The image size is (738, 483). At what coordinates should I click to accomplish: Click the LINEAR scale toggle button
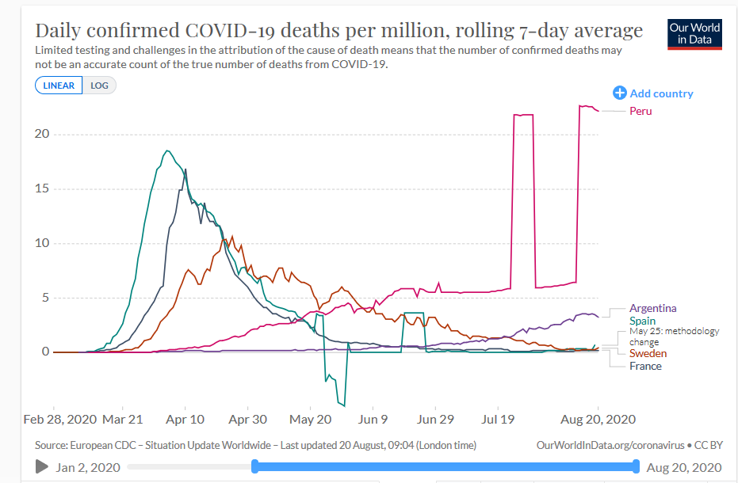point(59,86)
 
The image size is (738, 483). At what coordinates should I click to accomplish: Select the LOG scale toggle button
point(99,86)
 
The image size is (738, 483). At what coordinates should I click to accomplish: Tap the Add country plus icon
point(620,93)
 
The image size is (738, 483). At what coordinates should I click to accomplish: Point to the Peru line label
point(640,111)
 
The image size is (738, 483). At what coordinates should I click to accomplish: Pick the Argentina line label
point(652,308)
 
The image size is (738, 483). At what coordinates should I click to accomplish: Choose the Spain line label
point(642,321)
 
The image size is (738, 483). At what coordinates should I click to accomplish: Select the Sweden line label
point(648,353)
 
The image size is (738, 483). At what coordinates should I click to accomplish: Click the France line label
point(645,366)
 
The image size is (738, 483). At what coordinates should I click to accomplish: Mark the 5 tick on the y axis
point(45,298)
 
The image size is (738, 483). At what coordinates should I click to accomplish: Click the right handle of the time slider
point(636,466)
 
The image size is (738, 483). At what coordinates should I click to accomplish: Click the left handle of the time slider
point(254,466)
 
